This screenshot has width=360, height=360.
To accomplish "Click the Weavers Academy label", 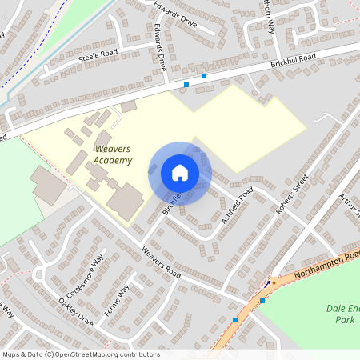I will coord(113,154).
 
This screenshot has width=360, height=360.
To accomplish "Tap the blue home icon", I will coord(180,172).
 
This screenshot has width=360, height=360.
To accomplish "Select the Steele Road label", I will coord(98,55).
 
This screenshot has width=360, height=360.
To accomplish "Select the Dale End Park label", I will coord(343,314).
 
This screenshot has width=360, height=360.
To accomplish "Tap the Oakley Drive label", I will coord(77,312).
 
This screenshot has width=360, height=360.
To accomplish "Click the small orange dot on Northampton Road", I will coord(274,282).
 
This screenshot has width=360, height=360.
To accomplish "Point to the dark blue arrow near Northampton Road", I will coord(267,283).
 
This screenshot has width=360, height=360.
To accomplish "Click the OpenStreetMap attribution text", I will coord(81,354).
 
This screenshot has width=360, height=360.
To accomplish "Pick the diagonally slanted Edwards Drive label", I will coord(174,14).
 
